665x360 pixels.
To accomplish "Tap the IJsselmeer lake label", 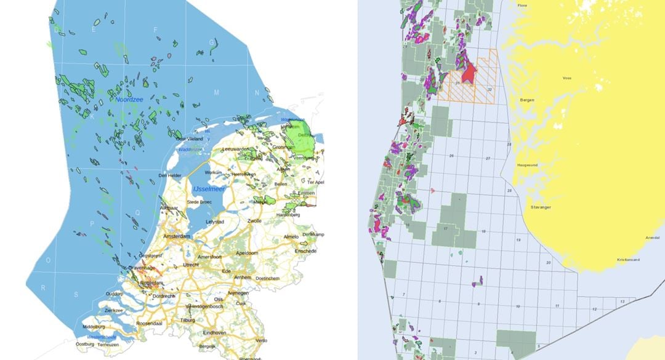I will pyautogui.click(x=209, y=189).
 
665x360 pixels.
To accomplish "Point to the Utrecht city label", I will pyautogui.click(x=191, y=264).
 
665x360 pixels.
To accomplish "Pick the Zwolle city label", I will pyautogui.click(x=254, y=220).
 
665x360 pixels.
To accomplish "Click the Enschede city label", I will pyautogui.click(x=305, y=251).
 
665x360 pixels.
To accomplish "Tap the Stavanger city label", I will pyautogui.click(x=539, y=207).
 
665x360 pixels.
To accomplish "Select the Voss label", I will pyautogui.click(x=567, y=78).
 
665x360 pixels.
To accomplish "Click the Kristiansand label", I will pyautogui.click(x=628, y=260).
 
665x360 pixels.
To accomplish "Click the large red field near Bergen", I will pyautogui.click(x=469, y=74).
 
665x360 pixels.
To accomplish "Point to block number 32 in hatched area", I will pyautogui.click(x=489, y=90).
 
